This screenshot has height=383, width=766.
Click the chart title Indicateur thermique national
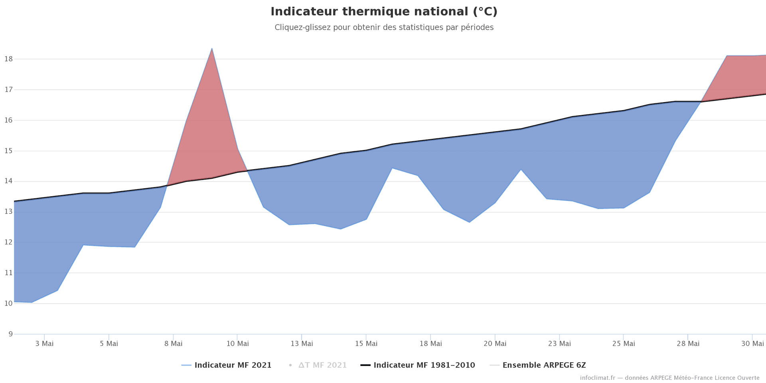pyautogui.click(x=384, y=12)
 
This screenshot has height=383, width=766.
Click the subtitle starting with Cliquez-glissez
pyautogui.click(x=384, y=28)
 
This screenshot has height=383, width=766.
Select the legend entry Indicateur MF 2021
pyautogui.click(x=233, y=365)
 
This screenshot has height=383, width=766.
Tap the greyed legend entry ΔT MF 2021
pyautogui.click(x=322, y=365)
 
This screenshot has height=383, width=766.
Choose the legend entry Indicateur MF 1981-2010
pyautogui.click(x=424, y=365)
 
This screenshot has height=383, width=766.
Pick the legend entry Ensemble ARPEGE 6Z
pyautogui.click(x=544, y=365)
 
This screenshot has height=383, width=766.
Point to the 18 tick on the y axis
pyautogui.click(x=8, y=59)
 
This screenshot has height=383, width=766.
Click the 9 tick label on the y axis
pyautogui.click(x=10, y=334)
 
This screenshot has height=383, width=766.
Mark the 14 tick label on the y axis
pyautogui.click(x=8, y=181)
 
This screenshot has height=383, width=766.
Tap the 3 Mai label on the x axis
pyautogui.click(x=44, y=344)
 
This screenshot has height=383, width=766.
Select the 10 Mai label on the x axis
pyautogui.click(x=237, y=344)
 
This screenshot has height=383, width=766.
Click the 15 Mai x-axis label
pyautogui.click(x=366, y=344)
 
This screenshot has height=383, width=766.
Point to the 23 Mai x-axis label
pyautogui.click(x=559, y=344)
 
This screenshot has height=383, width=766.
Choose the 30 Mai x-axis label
pyautogui.click(x=752, y=344)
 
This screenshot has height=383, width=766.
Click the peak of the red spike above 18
pyautogui.click(x=212, y=49)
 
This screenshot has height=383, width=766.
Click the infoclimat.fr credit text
pyautogui.click(x=669, y=378)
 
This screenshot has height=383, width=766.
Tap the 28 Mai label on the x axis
pyautogui.click(x=688, y=344)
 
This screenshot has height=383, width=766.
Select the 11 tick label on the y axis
pyautogui.click(x=8, y=273)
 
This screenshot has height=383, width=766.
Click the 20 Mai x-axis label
pyautogui.click(x=495, y=344)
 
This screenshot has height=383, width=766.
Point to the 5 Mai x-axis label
pyautogui.click(x=109, y=344)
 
